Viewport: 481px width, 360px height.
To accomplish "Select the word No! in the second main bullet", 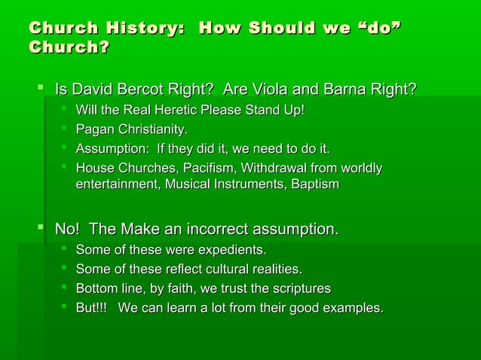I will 66,228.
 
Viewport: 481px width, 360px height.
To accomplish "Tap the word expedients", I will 228,249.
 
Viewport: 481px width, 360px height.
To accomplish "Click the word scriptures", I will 296,288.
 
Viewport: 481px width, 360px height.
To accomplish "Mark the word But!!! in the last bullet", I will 92,307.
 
